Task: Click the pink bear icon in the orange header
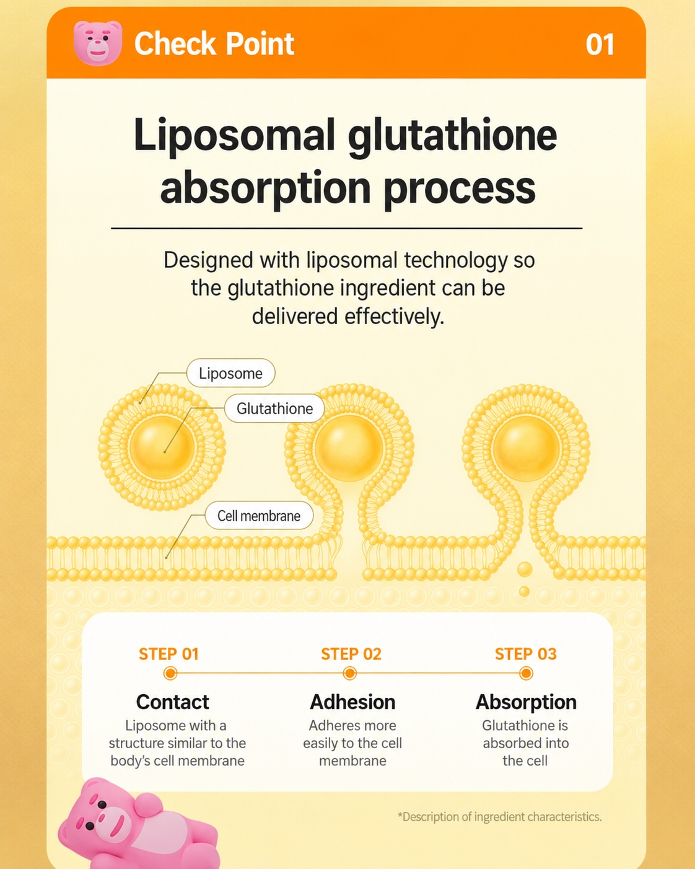[x=98, y=43]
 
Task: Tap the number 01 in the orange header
[x=600, y=45]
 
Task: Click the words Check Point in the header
[x=214, y=43]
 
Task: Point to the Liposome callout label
[x=230, y=373]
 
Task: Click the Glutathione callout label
[x=274, y=408]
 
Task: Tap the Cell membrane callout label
[x=259, y=516]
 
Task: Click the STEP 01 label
[x=168, y=654]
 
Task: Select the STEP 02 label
[x=351, y=654]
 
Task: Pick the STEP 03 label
[x=526, y=654]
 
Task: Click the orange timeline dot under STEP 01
[x=170, y=674]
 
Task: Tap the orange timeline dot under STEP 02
[x=349, y=674]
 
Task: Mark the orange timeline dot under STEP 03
[x=526, y=674]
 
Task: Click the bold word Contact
[x=173, y=702]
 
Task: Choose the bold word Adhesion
[x=352, y=702]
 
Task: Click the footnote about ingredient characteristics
[x=500, y=817]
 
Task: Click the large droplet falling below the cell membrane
[x=525, y=570]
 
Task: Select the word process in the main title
[x=460, y=190]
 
